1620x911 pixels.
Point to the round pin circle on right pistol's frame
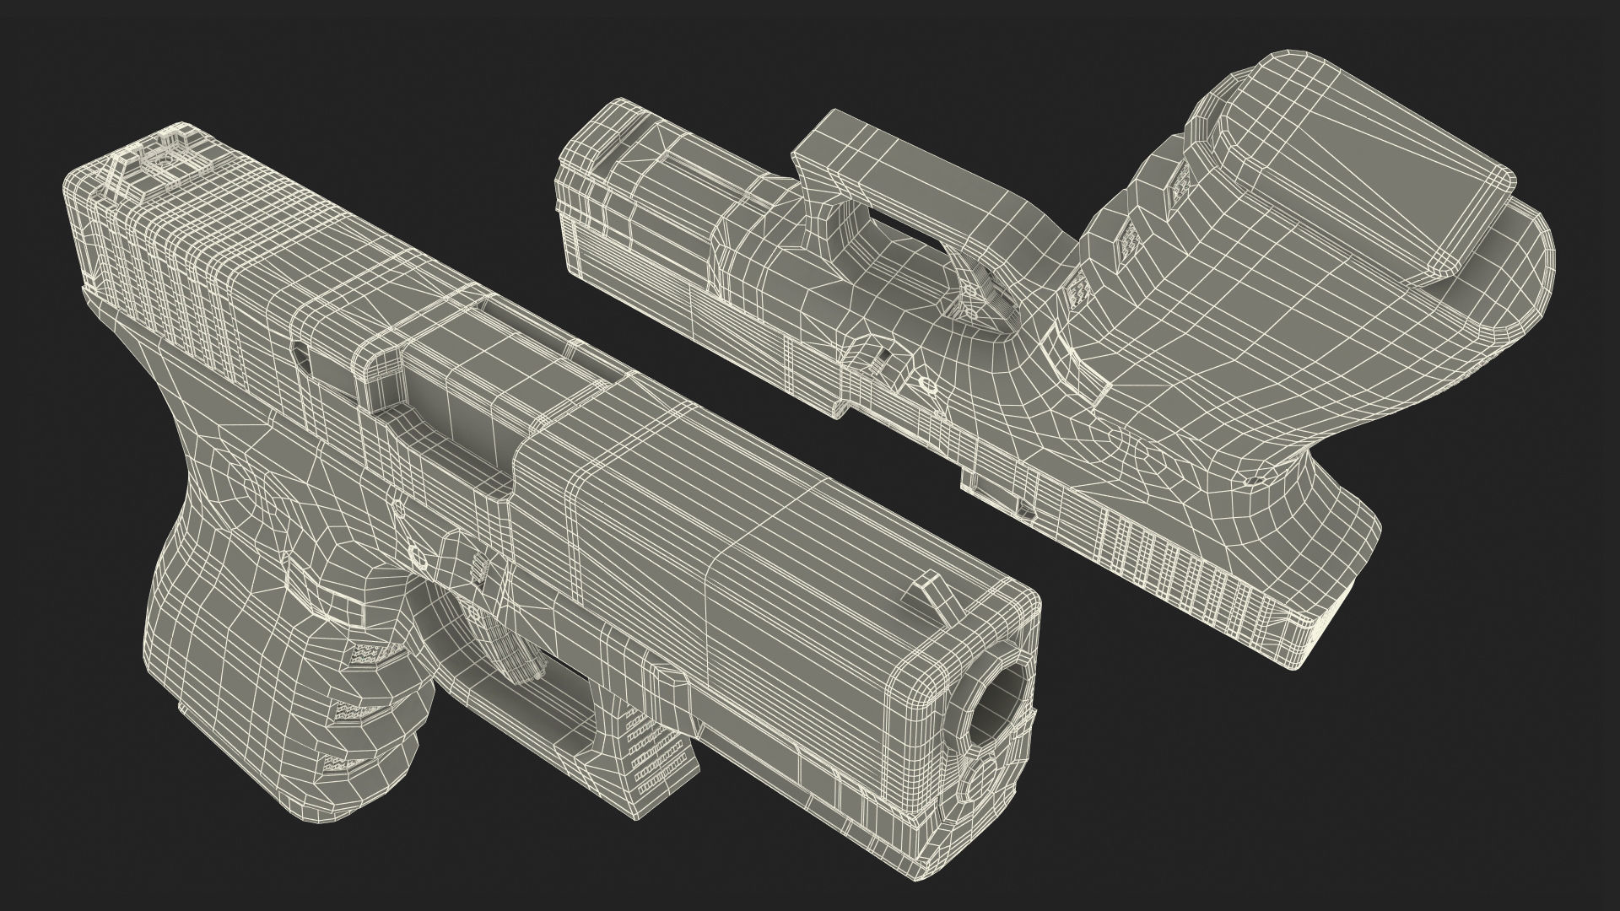click(x=927, y=386)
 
